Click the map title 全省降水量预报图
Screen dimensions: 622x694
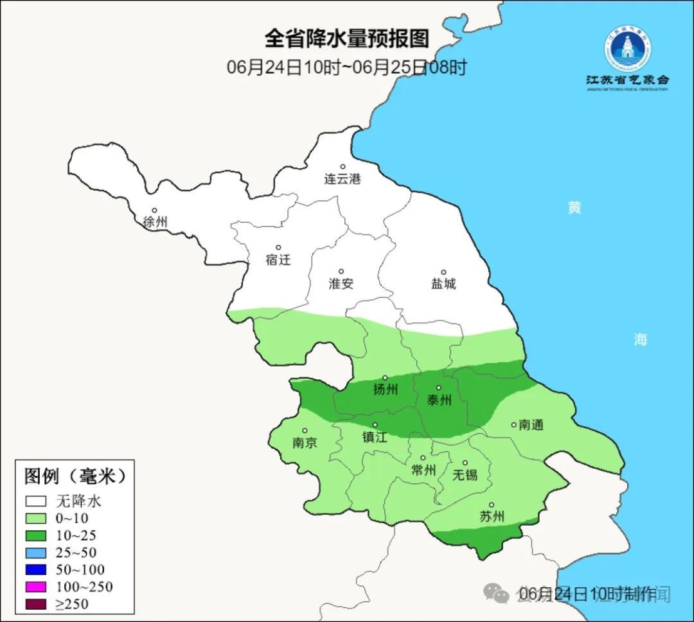tap(346, 39)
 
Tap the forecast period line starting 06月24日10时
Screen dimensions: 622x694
tap(346, 67)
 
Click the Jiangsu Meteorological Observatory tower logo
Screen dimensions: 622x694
tap(627, 49)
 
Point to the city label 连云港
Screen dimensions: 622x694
tap(343, 179)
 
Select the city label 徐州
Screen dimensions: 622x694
tap(155, 222)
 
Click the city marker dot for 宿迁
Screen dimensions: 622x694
tap(278, 248)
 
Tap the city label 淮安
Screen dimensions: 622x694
tap(341, 284)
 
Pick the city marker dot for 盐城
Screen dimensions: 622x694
tap(443, 272)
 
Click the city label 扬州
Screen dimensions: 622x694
tap(385, 390)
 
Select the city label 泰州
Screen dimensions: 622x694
tap(440, 400)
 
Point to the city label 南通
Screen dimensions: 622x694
tap(531, 425)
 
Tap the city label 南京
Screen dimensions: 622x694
tap(305, 443)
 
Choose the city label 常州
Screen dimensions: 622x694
tap(423, 470)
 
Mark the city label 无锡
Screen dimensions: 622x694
tap(465, 475)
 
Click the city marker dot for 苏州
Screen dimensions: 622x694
tap(492, 505)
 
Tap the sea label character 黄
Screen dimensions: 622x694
tap(574, 208)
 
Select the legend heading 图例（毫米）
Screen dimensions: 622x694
tap(75, 476)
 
